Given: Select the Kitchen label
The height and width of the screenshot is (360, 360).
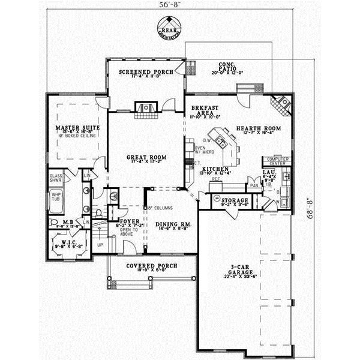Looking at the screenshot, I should tap(214, 170).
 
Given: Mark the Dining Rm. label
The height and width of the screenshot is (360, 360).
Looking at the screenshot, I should tap(173, 224).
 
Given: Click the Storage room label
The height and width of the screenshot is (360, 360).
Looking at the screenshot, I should tap(235, 200).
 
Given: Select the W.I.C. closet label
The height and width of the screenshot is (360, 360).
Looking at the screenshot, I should tap(67, 244).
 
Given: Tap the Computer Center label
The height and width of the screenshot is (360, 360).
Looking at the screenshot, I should tap(278, 160).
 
